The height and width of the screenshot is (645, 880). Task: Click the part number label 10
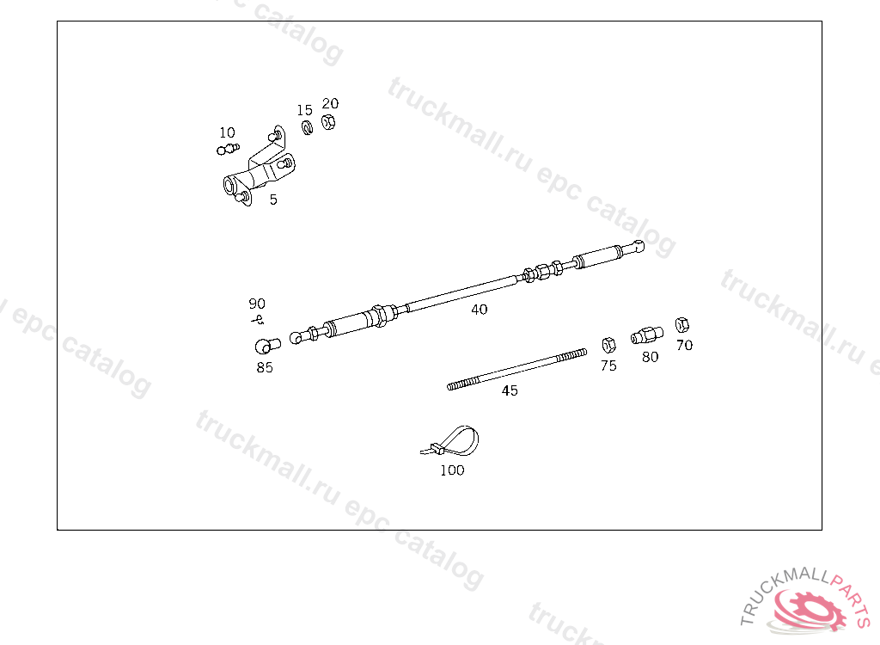coord(227,132)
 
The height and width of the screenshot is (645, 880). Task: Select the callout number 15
coord(305,110)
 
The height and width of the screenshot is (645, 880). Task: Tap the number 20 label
coord(330,103)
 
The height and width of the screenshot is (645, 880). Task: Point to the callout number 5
coord(273,200)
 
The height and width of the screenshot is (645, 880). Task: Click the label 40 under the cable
coord(480,309)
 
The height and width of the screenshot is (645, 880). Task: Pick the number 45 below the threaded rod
coord(510,390)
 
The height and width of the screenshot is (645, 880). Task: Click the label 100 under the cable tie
coord(452,470)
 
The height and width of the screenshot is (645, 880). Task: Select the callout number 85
coord(265,367)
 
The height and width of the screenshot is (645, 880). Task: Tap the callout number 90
coord(257,304)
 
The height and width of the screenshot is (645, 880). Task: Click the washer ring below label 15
coord(307,128)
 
